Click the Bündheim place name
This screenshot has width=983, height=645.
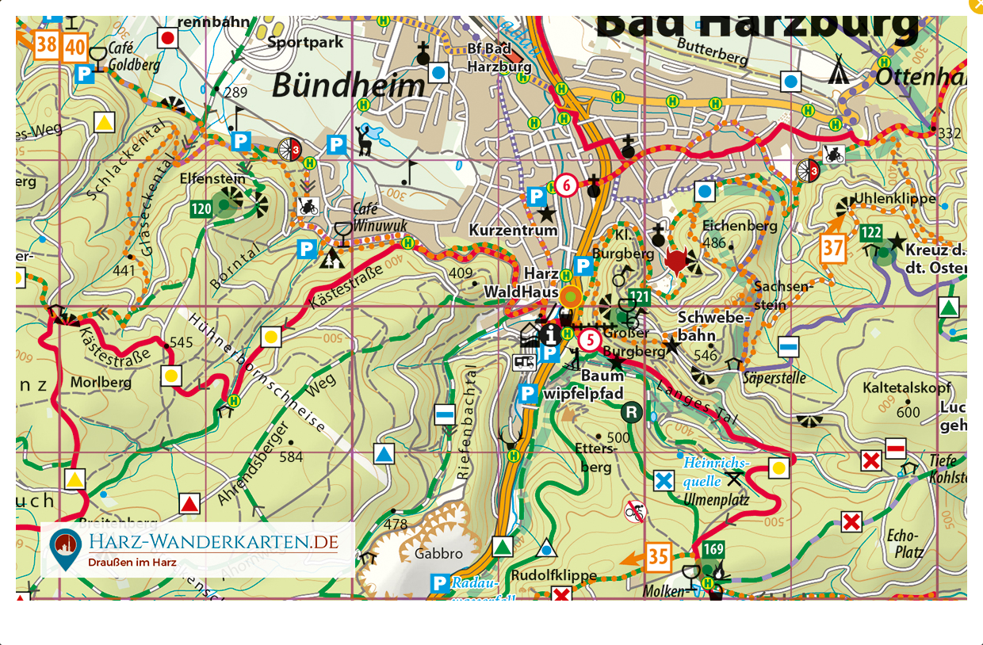click(348, 86)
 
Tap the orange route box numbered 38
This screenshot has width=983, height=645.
click(46, 44)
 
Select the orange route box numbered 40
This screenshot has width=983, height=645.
click(75, 48)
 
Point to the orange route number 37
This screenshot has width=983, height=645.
click(832, 248)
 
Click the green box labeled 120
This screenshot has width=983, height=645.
click(201, 209)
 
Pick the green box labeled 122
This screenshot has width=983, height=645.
click(871, 233)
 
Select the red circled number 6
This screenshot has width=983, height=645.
click(565, 185)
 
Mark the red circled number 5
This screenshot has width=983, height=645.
click(589, 341)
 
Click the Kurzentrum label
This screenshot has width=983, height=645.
click(513, 231)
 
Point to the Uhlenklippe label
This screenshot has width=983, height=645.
click(894, 198)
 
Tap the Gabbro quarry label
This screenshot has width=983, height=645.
click(438, 554)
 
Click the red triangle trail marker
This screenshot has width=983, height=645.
click(189, 504)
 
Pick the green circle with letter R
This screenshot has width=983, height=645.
click(631, 411)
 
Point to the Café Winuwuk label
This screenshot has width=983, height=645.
click(367, 218)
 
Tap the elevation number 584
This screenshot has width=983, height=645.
click(291, 457)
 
